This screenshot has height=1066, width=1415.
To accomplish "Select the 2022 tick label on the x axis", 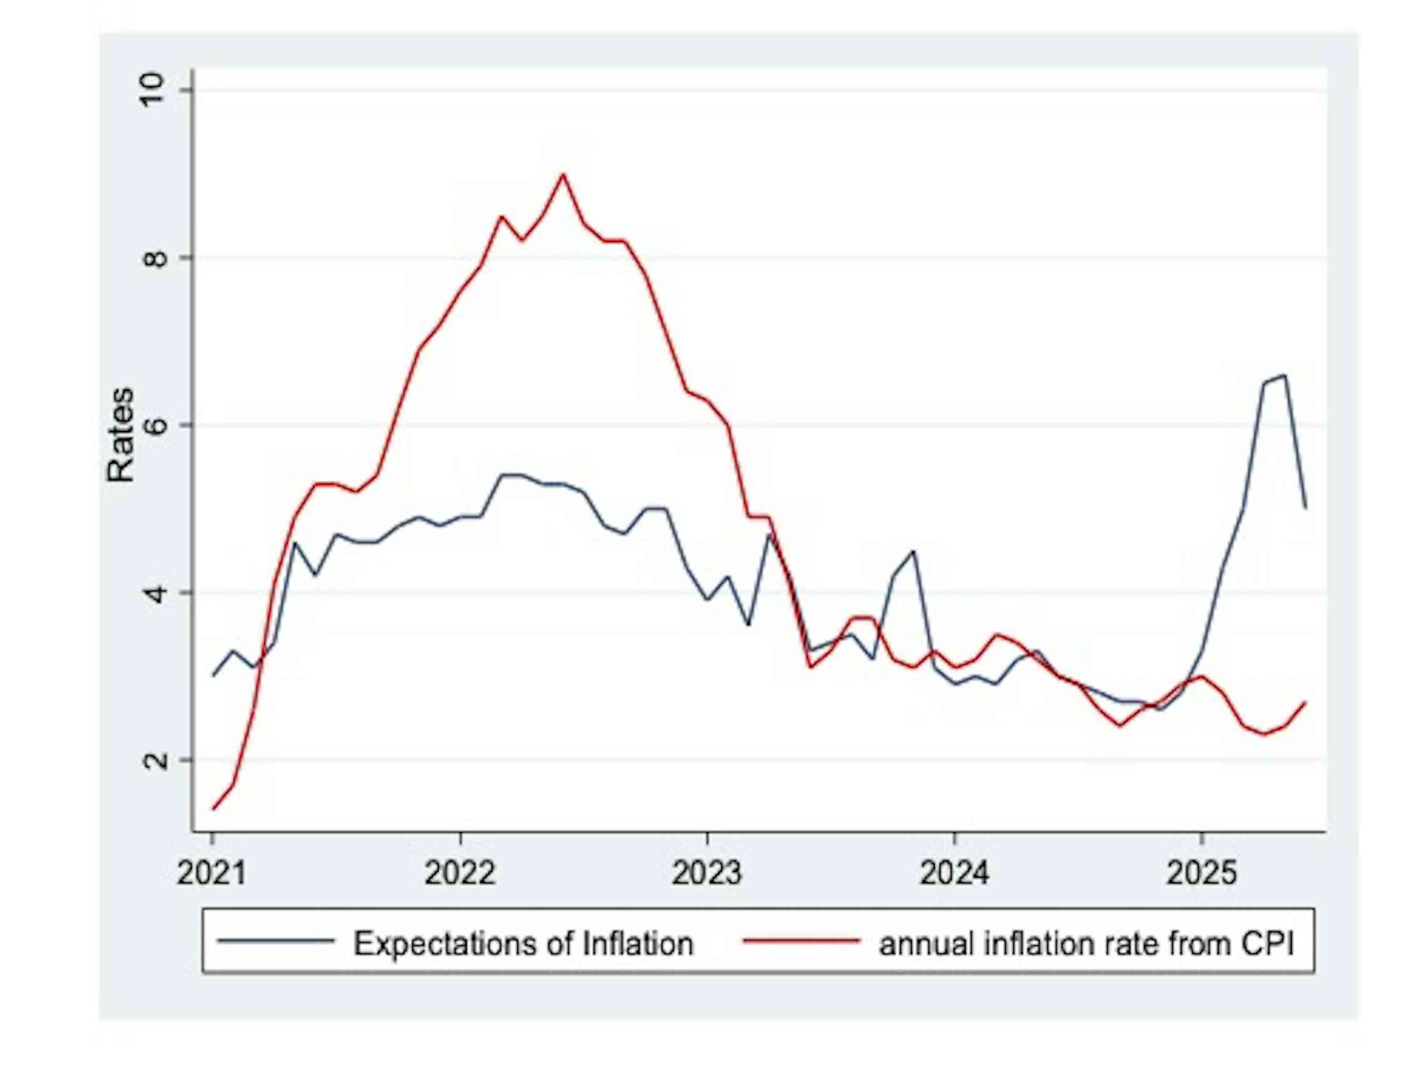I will point(459,872).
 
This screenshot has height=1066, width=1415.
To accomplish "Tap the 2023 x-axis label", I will point(706,872).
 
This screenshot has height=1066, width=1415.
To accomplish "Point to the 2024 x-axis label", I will point(954,872).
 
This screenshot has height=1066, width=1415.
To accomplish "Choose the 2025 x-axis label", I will point(1200,872).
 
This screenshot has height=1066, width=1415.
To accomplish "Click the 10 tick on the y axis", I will point(151,90).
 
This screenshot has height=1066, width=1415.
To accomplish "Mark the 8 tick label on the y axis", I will point(151,258).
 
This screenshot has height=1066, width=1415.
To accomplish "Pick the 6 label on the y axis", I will point(151,425).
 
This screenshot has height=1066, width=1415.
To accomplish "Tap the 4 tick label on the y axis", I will point(151,593).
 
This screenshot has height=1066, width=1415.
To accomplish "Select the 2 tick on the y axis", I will point(151,760).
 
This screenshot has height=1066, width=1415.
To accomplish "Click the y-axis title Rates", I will point(120,435).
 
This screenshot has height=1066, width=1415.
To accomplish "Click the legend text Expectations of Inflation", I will point(523,944).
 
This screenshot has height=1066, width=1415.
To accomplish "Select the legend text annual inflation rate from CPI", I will point(1086,944).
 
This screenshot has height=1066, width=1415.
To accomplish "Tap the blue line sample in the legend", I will point(276,941).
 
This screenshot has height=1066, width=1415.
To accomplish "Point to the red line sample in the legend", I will point(800,941).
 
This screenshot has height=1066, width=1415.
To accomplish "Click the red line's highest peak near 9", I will point(562,174).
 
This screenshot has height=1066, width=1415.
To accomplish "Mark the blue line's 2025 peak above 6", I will point(1284,375).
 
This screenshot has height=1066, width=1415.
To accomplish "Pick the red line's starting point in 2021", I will point(213,810).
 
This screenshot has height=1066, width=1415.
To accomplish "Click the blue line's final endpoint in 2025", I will point(1305,508).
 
